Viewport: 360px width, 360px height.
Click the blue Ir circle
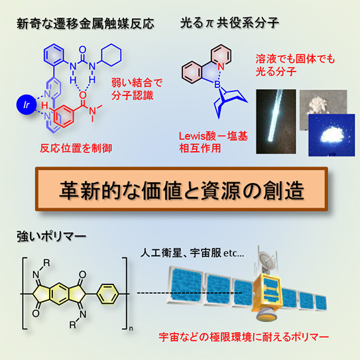pos(27,105)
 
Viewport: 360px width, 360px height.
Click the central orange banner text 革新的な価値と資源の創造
pos(182,190)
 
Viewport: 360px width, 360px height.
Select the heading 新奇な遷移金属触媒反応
pos(86,24)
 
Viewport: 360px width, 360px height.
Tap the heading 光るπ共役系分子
pos(229,23)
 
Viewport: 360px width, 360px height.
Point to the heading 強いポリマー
pos(52,237)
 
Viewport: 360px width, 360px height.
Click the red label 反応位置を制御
pos(76,148)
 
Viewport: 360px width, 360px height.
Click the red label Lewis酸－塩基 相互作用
pos(213,143)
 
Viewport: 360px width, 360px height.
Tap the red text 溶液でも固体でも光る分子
pos(295,65)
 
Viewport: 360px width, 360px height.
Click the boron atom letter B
pos(217,85)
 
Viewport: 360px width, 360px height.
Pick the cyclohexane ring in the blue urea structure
pos(111,55)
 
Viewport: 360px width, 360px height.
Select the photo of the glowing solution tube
pos(276,121)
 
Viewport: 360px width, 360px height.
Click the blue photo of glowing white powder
pos(331,135)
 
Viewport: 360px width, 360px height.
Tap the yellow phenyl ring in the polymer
pos(107,294)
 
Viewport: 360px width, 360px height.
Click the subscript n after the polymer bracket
pos(131,329)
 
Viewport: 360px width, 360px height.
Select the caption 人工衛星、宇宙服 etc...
pos(192,253)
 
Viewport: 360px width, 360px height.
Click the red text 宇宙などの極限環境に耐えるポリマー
pos(244,337)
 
